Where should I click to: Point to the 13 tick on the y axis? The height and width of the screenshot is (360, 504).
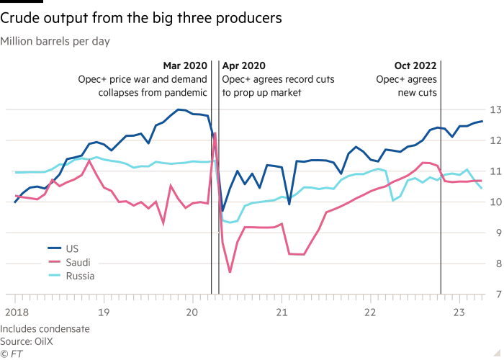pos(495,109)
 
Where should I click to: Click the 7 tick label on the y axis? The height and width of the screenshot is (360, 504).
pos(495,294)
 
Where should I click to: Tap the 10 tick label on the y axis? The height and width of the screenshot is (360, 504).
pos(495,202)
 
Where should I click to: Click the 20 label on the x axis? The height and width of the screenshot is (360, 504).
pos(192,313)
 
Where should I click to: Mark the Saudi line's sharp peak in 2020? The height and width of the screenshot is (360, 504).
pos(215,132)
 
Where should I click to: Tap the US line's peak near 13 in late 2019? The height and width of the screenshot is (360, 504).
pos(180,110)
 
